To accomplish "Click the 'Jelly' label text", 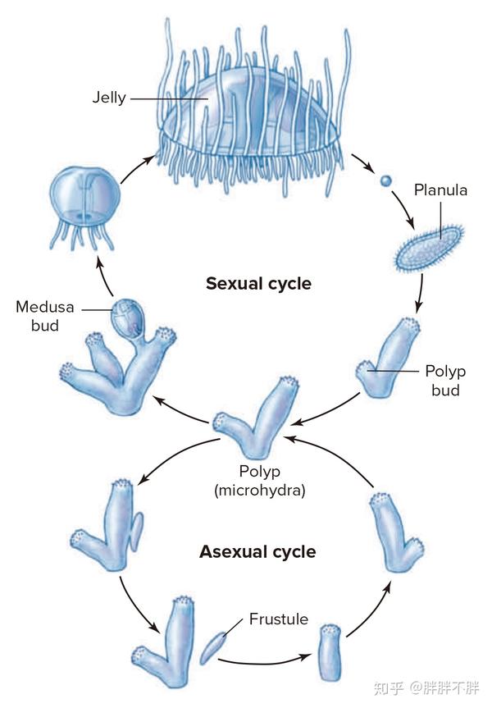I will click(108, 98).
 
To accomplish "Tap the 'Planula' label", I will click(440, 190).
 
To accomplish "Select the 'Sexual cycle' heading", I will click(258, 284).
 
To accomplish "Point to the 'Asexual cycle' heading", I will click(257, 551).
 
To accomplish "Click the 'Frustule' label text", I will click(278, 619).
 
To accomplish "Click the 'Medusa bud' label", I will click(44, 317).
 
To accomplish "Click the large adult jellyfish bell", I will click(250, 107).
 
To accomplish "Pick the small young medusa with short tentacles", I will click(84, 198).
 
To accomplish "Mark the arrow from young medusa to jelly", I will click(138, 168).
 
